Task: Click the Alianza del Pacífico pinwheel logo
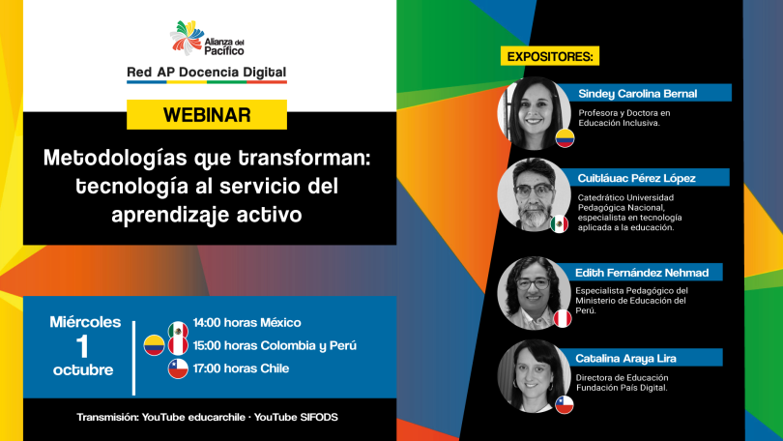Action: tap(187, 38)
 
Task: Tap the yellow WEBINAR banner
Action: tap(207, 115)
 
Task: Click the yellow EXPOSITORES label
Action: tap(550, 56)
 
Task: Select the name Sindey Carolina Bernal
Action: tap(638, 94)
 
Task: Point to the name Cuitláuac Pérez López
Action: tap(637, 178)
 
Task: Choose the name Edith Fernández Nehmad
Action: tap(642, 273)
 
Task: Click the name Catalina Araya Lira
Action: tap(625, 358)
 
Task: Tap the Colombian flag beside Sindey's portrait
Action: tap(565, 138)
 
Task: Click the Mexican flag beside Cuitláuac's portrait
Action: tap(560, 223)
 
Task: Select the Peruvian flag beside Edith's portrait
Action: tap(563, 318)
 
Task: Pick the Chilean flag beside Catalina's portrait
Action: tap(565, 404)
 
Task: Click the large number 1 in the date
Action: tap(82, 346)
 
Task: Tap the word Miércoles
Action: tap(85, 322)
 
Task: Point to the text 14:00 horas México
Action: tap(246, 323)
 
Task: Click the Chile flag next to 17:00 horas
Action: tap(178, 368)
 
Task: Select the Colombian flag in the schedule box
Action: tap(154, 345)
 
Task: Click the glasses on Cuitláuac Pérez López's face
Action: tap(535, 191)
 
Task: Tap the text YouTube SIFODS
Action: tap(296, 417)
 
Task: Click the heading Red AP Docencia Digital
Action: tap(207, 73)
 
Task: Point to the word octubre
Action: tap(83, 370)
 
